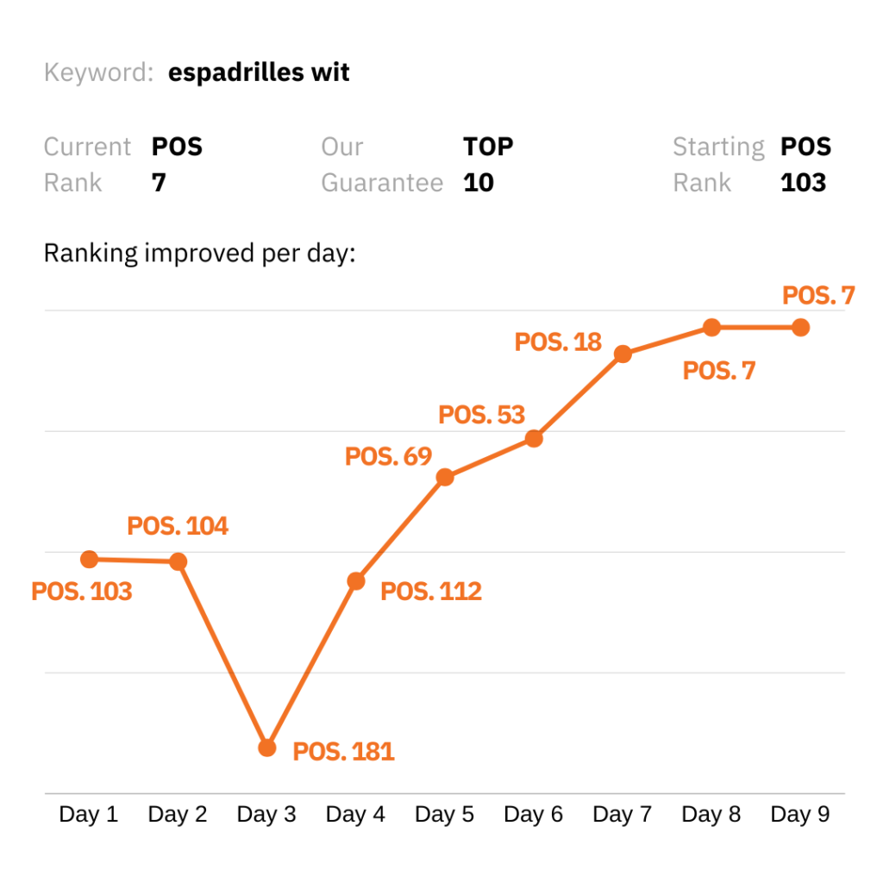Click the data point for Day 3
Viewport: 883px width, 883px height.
click(x=267, y=748)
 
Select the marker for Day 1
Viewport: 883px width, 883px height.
click(x=89, y=559)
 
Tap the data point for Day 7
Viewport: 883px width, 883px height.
click(x=623, y=354)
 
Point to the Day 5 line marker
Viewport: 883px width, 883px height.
click(x=445, y=477)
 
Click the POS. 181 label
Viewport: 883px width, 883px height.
click(x=343, y=752)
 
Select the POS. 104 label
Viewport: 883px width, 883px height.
click(x=178, y=526)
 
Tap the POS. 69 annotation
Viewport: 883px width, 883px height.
click(x=388, y=456)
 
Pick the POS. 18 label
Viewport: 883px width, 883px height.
click(x=558, y=341)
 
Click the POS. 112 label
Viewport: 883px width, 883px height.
click(x=431, y=592)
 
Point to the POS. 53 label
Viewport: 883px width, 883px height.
click(x=481, y=415)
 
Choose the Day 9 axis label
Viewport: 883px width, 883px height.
click(x=800, y=815)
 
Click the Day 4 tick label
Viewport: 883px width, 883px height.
click(x=355, y=815)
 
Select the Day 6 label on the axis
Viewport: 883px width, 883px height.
click(x=533, y=815)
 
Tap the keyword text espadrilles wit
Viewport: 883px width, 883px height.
click(x=259, y=72)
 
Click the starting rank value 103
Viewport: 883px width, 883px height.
click(x=803, y=183)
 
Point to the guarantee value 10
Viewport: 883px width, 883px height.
click(x=479, y=183)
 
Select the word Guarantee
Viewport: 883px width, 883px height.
click(x=382, y=183)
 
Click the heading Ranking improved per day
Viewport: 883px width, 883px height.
click(x=199, y=254)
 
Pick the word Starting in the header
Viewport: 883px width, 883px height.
click(x=718, y=147)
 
